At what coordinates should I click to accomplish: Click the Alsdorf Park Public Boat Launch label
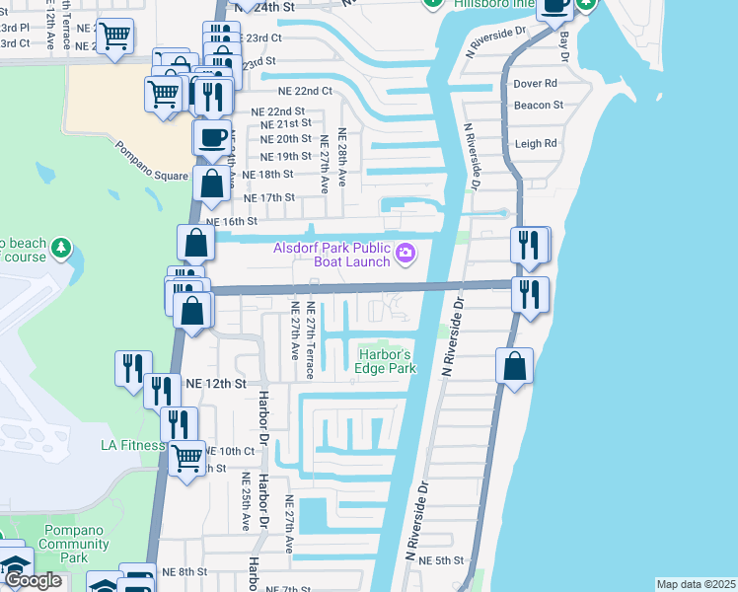(332, 255)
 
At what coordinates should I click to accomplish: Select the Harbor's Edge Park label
(386, 361)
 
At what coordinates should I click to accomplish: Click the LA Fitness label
(131, 445)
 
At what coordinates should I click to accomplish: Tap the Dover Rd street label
(536, 83)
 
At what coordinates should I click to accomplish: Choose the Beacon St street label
(539, 105)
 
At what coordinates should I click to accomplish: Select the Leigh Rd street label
(536, 143)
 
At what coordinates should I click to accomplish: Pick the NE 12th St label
(212, 381)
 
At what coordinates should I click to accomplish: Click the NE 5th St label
(441, 560)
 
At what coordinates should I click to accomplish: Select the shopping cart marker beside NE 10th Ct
(186, 457)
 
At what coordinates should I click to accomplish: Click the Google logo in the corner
(33, 580)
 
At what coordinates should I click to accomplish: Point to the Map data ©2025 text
(696, 584)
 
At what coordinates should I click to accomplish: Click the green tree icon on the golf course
(61, 246)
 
